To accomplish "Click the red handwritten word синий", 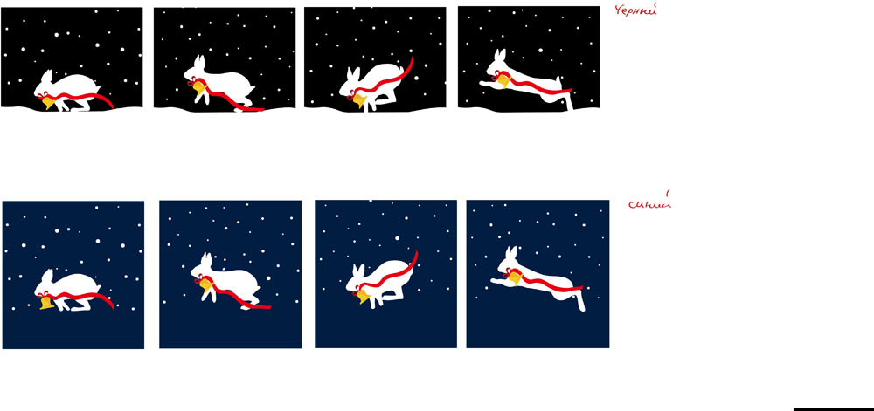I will pos(649,204).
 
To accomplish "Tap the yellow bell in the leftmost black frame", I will pos(48,102).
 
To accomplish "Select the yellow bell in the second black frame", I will pos(200,87).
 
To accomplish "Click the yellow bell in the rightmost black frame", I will pos(504,80).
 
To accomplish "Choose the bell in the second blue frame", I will pos(205,285).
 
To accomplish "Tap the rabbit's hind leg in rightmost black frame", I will pos(569,103).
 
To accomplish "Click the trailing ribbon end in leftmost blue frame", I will pos(111,305).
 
